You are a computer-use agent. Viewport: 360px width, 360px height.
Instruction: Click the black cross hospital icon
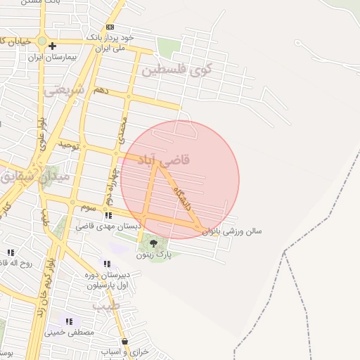(53, 46)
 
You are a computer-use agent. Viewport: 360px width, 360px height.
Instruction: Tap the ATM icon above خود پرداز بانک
(110, 27)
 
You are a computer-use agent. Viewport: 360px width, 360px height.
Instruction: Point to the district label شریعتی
(64, 90)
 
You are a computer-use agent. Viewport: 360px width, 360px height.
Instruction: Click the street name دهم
(101, 91)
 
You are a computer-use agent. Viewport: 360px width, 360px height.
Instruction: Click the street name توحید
(70, 144)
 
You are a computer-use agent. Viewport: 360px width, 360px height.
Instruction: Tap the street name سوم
(87, 207)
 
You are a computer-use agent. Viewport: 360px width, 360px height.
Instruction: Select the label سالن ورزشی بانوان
(232, 231)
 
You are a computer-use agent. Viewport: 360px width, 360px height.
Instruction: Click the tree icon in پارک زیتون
(154, 243)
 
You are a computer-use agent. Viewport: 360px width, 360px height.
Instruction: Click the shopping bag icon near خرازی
(124, 341)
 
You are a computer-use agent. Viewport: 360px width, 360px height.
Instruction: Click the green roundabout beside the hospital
(42, 41)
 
